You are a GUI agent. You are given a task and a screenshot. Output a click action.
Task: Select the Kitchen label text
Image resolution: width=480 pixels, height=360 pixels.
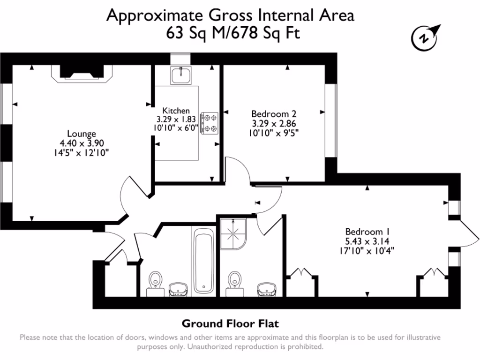pos(176,111)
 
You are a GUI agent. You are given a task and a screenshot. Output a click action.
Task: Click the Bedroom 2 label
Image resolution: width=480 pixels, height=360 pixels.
pos(274,113)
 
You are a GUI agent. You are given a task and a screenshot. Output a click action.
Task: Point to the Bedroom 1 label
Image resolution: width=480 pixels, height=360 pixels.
pos(368,232)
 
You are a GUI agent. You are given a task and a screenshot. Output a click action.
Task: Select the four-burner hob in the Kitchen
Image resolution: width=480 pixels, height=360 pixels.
pos(210,123)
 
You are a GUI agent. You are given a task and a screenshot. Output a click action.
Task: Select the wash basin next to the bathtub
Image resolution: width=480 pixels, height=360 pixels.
pos(178,289)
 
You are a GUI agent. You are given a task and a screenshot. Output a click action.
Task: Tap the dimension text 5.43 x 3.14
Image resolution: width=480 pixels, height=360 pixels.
pos(368,241)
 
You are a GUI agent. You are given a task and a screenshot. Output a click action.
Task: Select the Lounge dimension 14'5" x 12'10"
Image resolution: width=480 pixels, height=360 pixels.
pos(81,153)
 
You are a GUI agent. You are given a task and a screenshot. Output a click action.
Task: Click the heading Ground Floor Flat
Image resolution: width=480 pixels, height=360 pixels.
pos(230,323)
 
